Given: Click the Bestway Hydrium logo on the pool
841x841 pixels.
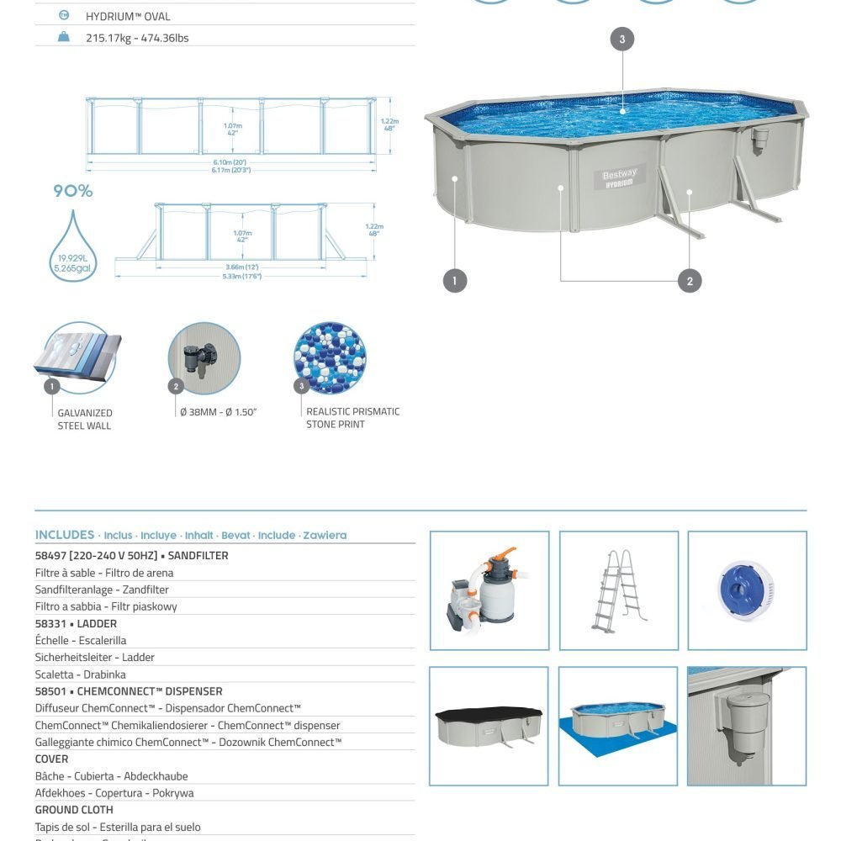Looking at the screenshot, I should pyautogui.click(x=620, y=179).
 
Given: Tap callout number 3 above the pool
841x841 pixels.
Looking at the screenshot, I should pyautogui.click(x=621, y=39).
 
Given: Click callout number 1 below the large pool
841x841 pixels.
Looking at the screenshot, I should pyautogui.click(x=454, y=280).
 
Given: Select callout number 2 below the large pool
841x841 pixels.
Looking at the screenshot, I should pyautogui.click(x=690, y=280).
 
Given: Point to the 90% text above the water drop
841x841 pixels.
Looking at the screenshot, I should pyautogui.click(x=73, y=191).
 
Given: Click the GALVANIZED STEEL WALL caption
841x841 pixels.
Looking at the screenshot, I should pyautogui.click(x=84, y=419).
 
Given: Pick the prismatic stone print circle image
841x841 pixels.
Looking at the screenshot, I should pyautogui.click(x=330, y=357).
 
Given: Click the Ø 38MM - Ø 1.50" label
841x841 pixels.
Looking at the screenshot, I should pyautogui.click(x=218, y=412).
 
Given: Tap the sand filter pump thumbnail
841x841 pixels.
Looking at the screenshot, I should pyautogui.click(x=489, y=590).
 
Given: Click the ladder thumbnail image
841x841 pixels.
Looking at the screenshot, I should pyautogui.click(x=618, y=590).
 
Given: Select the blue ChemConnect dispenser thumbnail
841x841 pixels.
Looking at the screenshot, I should pyautogui.click(x=746, y=590).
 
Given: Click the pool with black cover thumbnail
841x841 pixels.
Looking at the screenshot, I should pyautogui.click(x=489, y=726).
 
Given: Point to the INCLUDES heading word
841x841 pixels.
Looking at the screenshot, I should pyautogui.click(x=65, y=535).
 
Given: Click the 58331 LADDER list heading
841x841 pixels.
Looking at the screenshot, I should pyautogui.click(x=76, y=624).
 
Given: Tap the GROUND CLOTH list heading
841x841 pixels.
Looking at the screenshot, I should pyautogui.click(x=74, y=810).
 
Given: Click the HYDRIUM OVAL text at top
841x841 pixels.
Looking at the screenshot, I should pyautogui.click(x=128, y=16).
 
